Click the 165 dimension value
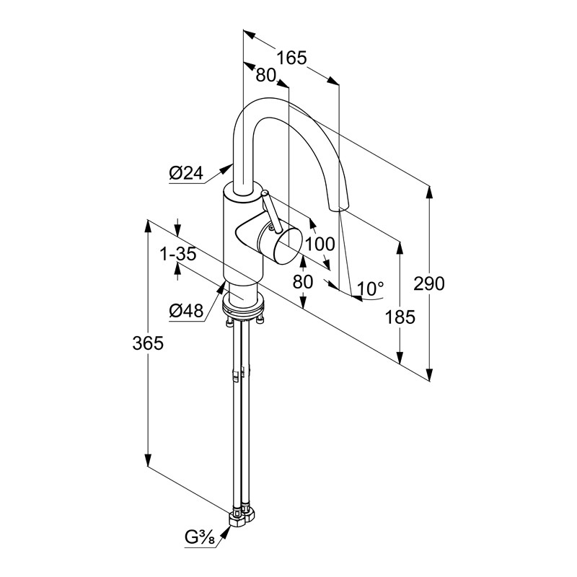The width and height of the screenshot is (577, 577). [x=292, y=58]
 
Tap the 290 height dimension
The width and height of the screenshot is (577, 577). [x=429, y=283]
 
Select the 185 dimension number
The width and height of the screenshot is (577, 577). [x=400, y=316]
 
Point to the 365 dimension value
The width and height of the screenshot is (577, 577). [x=148, y=343]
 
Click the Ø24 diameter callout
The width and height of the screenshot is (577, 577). [x=186, y=172]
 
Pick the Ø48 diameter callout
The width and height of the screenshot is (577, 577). [x=186, y=311]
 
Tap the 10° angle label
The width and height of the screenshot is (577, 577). [x=371, y=289]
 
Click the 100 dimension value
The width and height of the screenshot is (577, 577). [x=320, y=244]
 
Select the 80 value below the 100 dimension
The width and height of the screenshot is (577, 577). [x=303, y=281]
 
